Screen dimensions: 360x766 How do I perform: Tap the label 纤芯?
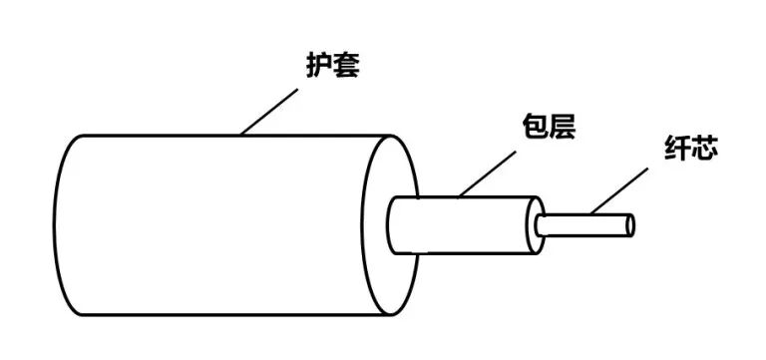coord(690,151)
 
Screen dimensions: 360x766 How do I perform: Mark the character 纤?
coord(676,151)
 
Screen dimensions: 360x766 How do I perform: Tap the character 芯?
coord(704,151)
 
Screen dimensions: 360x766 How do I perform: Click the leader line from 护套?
coord(269,112)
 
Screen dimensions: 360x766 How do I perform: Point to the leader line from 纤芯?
coord(618,189)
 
